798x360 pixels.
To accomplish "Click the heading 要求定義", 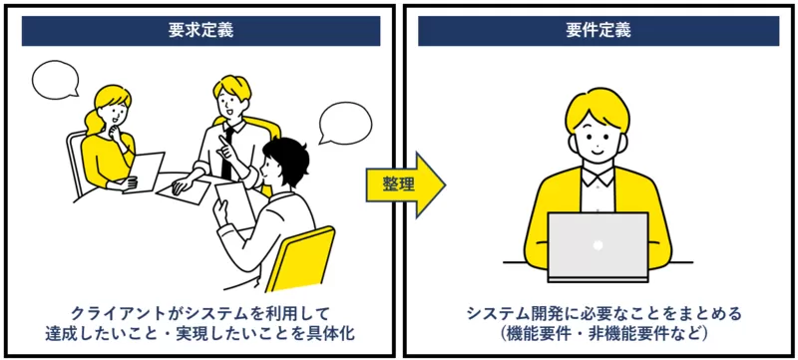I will point(200,30).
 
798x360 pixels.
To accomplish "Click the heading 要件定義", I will point(598,30).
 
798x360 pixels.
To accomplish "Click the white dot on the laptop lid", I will point(598,244).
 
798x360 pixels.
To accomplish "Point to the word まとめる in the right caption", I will point(708,313).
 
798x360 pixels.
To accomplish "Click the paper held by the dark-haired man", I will point(235,202).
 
